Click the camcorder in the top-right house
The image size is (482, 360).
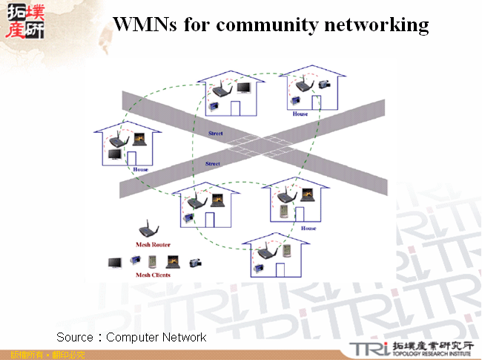324,85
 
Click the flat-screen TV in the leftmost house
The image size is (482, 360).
115,154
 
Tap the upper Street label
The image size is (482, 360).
216,134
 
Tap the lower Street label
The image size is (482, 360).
212,163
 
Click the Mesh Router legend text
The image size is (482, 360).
153,244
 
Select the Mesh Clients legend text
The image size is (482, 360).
153,275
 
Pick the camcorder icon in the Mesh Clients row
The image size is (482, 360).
196,262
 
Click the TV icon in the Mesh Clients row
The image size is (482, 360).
116,262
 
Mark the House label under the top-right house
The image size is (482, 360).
300,114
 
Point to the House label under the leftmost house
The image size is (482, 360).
140,170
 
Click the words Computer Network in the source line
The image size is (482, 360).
156,338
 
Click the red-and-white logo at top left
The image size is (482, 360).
24,20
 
